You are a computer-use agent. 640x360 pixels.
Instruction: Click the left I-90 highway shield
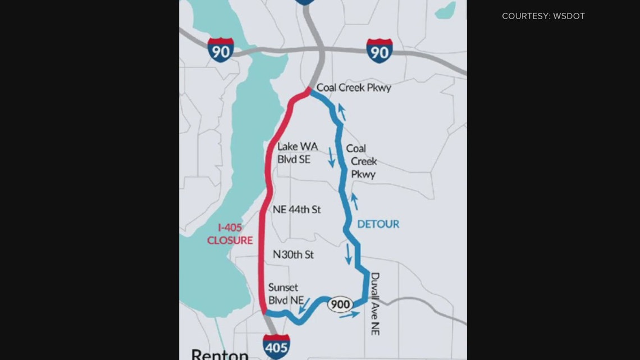(x=220, y=49)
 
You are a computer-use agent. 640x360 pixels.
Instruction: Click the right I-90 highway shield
(x=379, y=50)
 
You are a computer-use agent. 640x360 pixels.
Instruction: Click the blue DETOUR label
(x=378, y=224)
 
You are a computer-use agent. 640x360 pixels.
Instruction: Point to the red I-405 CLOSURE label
(x=230, y=234)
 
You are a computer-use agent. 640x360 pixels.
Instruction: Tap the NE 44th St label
(x=296, y=209)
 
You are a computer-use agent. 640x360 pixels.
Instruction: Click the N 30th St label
(x=293, y=255)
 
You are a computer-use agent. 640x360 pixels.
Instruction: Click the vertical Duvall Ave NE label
(x=375, y=304)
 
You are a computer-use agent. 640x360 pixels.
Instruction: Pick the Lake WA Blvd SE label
(x=298, y=153)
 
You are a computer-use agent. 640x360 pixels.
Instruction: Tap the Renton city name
(x=220, y=354)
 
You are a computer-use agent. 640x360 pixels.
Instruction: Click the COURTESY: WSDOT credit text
(x=543, y=16)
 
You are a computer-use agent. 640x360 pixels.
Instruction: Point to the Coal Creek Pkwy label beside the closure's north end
(x=354, y=88)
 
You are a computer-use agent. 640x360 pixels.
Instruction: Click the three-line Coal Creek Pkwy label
(x=361, y=161)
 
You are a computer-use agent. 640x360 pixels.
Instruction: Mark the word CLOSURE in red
(x=230, y=240)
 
